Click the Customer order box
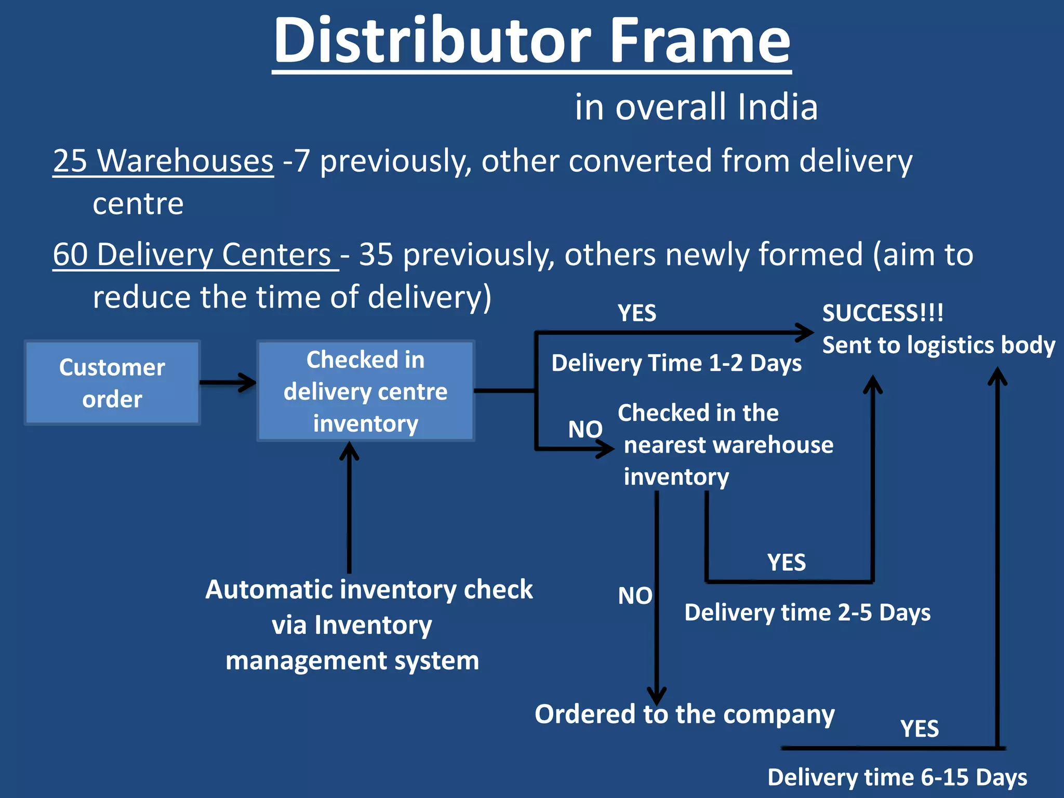click(112, 383)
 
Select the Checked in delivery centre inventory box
click(366, 391)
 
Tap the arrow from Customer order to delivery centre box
click(228, 383)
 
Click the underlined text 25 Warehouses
click(163, 161)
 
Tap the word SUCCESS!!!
click(883, 313)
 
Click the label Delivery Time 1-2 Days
click(676, 363)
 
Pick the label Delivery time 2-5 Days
click(807, 613)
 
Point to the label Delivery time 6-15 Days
click(897, 777)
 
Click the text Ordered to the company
click(685, 714)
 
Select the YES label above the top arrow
click(637, 313)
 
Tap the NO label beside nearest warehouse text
click(585, 430)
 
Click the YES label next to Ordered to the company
click(920, 729)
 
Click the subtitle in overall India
click(696, 107)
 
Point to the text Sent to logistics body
click(938, 345)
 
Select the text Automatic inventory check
click(369, 590)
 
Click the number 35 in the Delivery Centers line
click(376, 255)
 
